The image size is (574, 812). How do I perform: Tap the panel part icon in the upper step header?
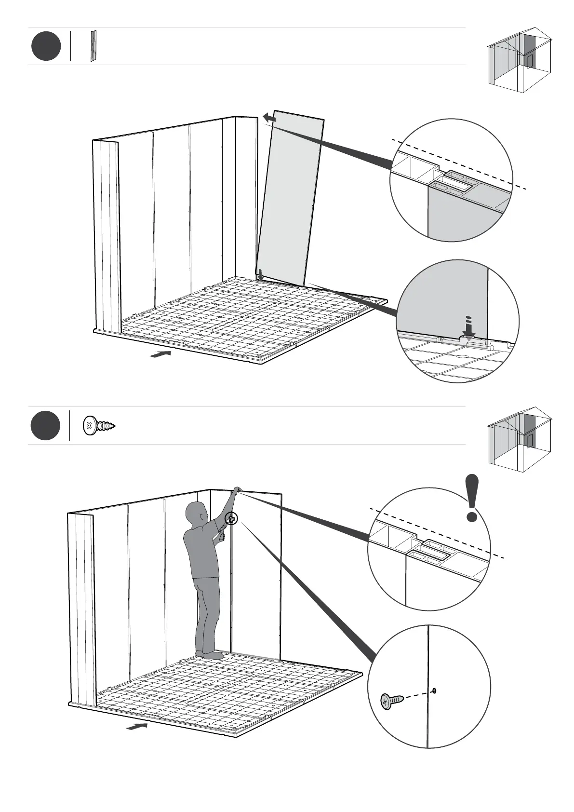coord(93,46)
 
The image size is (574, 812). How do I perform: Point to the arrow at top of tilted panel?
coord(269,118)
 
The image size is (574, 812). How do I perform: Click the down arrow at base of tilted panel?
coord(260,275)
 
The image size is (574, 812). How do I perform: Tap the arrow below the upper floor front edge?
coord(160,354)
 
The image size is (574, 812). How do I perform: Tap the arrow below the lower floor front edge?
coord(137,726)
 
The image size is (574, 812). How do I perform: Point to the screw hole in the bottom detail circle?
coord(435,691)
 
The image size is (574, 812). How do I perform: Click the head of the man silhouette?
coord(198,512)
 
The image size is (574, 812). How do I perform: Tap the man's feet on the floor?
coord(210,655)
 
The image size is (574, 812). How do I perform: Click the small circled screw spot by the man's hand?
coord(231,519)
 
